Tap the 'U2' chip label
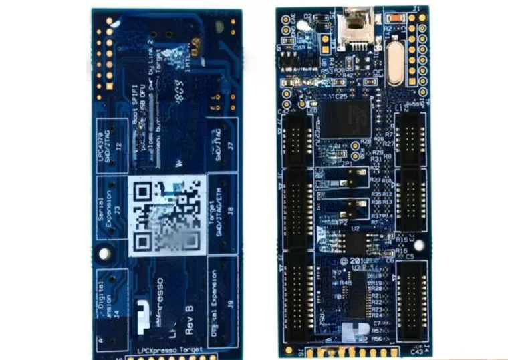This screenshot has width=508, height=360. click(x=356, y=228)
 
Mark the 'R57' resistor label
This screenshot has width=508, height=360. click(x=377, y=331)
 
